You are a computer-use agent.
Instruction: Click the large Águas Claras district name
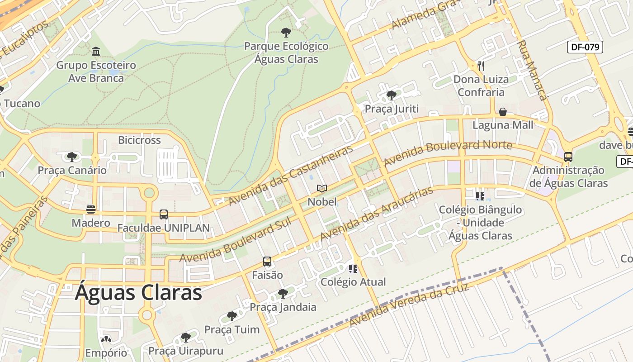138,292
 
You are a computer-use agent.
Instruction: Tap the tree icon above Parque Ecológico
286,33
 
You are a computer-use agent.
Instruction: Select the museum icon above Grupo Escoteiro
96,51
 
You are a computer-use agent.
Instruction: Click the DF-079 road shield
585,47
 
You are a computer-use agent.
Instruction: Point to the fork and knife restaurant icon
481,66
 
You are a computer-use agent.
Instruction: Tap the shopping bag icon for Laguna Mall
502,112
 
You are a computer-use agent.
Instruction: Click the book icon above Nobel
322,188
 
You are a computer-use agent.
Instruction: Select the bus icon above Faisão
267,262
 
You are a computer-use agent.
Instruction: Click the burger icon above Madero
91,209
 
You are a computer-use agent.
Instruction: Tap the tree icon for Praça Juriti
392,95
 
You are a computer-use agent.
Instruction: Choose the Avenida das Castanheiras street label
291,176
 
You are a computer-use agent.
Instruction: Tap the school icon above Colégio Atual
353,269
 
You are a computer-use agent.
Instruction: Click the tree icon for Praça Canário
71,157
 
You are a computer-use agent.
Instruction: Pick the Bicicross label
139,140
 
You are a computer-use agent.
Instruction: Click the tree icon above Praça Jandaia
283,294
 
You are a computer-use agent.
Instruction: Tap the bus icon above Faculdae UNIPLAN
164,214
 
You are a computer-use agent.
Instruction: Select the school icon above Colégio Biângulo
480,196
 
